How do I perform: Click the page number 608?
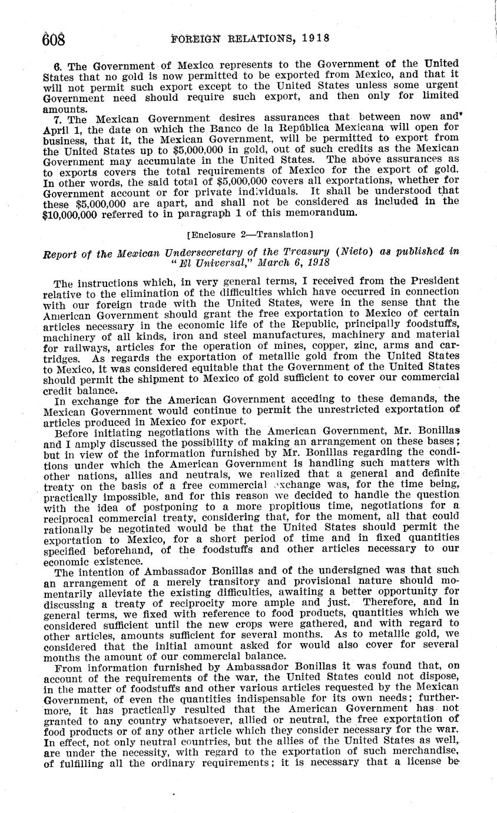click(52, 38)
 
